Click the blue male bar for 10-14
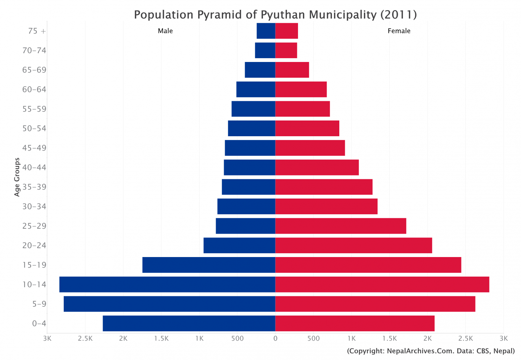coord(167,284)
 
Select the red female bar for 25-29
coord(341,226)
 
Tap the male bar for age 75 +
coord(266,31)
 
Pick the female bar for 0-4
coord(355,323)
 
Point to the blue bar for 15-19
coord(209,265)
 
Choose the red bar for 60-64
coord(301,89)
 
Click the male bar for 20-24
coord(239,245)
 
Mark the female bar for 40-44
coord(317,167)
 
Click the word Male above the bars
coord(165,31)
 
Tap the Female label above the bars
coord(399,31)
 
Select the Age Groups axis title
coord(17,177)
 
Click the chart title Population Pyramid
coord(275,15)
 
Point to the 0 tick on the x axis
coord(275,339)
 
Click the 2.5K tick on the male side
coord(85,339)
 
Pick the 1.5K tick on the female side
coord(389,339)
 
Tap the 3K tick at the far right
coord(503,339)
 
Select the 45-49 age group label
coord(34,148)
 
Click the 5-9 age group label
coord(39,304)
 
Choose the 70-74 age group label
coord(34,50)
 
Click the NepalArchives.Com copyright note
coord(431,351)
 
